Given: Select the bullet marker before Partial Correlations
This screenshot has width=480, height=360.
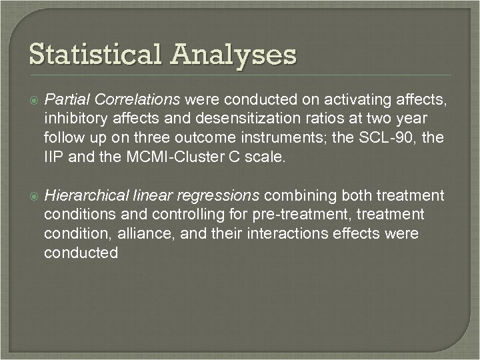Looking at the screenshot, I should click(x=33, y=101).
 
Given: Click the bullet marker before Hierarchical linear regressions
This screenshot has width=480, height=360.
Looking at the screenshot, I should click(x=33, y=196).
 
